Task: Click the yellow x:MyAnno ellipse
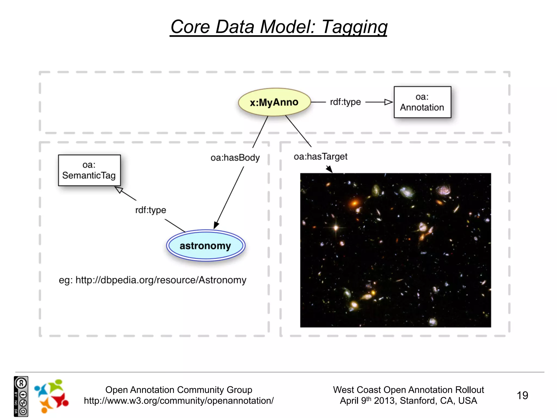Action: point(274,102)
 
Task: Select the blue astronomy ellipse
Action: point(206,245)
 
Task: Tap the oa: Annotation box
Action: point(422,102)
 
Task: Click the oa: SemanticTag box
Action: point(89,170)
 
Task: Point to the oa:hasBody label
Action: point(235,158)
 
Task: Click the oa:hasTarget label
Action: point(320,156)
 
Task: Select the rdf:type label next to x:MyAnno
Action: point(345,102)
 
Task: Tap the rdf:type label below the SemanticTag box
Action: point(150,210)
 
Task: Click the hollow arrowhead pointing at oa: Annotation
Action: point(388,102)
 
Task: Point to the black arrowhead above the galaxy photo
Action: point(329,169)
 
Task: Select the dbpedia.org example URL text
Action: point(161,280)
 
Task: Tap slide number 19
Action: point(522,395)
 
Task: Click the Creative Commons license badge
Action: point(21,396)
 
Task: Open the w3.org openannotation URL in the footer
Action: point(178,401)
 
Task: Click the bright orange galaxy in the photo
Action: point(354,203)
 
